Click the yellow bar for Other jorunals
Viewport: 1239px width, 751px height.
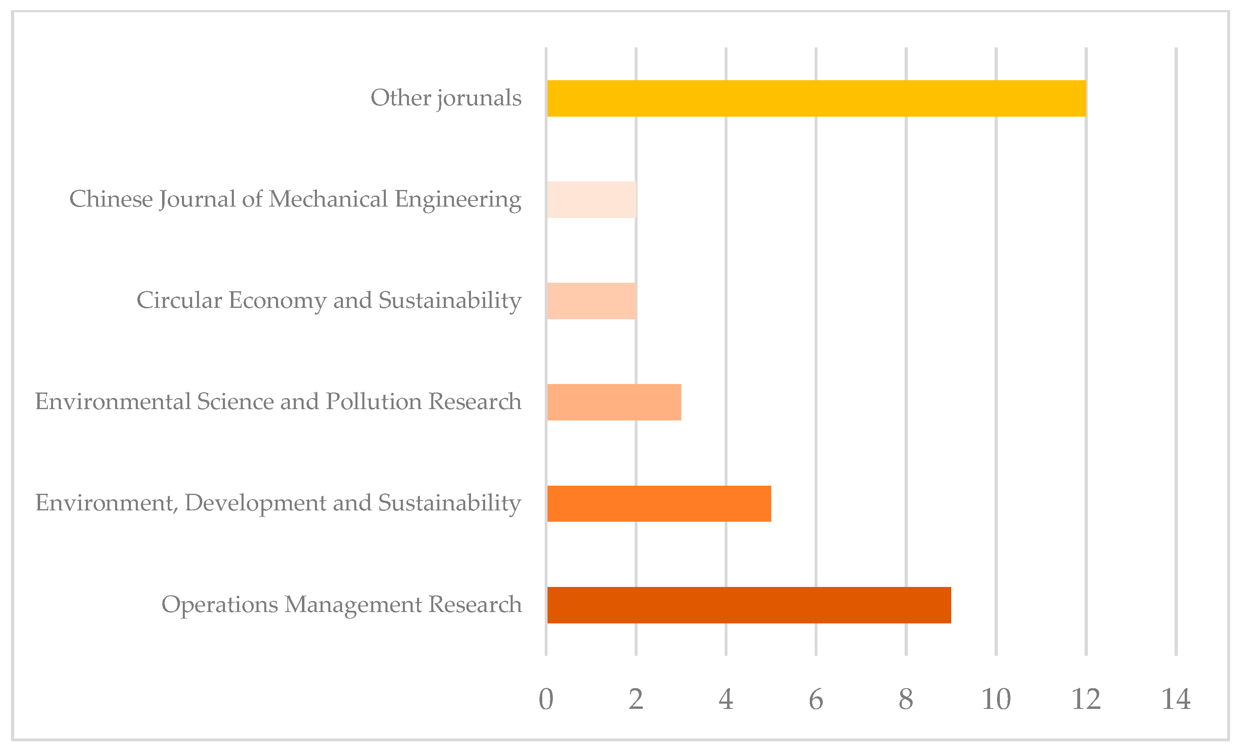point(816,98)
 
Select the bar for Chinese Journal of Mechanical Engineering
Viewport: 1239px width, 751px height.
point(592,200)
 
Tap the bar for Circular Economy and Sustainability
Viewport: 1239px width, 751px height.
point(592,301)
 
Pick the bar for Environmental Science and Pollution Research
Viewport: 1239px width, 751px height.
point(614,402)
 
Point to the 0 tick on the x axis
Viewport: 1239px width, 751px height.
point(546,699)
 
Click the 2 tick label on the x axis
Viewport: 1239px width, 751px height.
point(636,699)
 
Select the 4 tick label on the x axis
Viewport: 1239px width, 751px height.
point(726,699)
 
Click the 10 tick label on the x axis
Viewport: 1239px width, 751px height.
point(996,699)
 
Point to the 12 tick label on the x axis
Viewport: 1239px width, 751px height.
point(1086,699)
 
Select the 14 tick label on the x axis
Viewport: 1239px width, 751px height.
point(1176,699)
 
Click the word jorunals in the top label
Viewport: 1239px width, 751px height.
point(479,98)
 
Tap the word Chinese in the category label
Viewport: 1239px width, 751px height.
point(111,199)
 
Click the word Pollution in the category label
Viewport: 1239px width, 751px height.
point(374,402)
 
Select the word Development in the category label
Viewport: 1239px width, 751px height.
point(256,503)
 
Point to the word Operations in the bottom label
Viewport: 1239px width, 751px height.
point(219,605)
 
